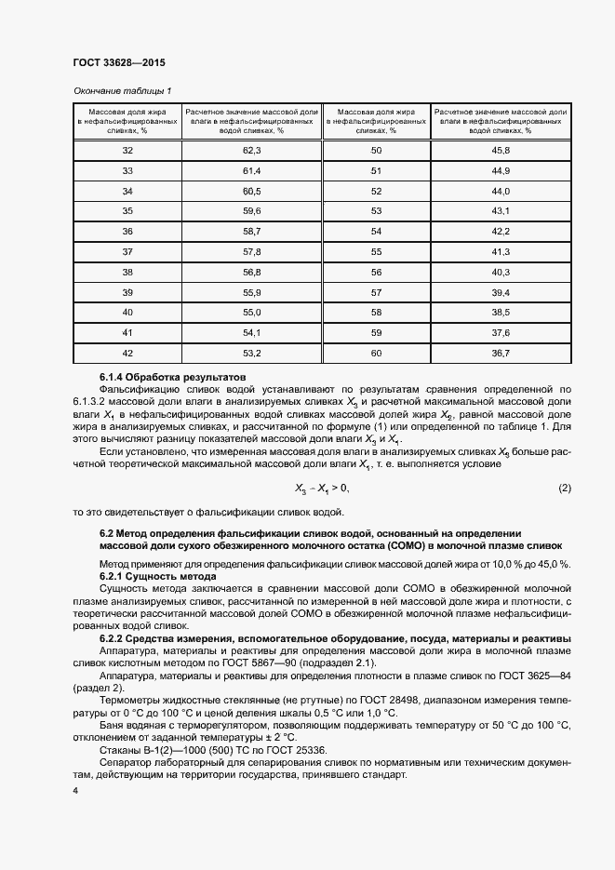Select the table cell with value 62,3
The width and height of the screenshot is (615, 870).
[x=252, y=150]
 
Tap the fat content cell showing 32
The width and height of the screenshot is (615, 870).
[x=127, y=150]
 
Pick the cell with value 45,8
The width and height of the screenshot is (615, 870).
[x=501, y=150]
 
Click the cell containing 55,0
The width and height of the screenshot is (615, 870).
[x=252, y=312]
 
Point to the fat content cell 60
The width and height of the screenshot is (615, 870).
[x=376, y=353]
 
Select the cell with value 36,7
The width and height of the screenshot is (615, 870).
[x=501, y=353]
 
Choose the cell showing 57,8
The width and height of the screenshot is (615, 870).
[x=252, y=251]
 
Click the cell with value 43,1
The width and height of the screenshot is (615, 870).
[x=501, y=210]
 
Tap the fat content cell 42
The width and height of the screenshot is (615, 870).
[x=127, y=353]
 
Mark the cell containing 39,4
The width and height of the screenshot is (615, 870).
[x=501, y=291]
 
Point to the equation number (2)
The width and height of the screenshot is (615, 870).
[x=564, y=462]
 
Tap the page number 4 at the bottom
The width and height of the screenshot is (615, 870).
[x=74, y=790]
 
